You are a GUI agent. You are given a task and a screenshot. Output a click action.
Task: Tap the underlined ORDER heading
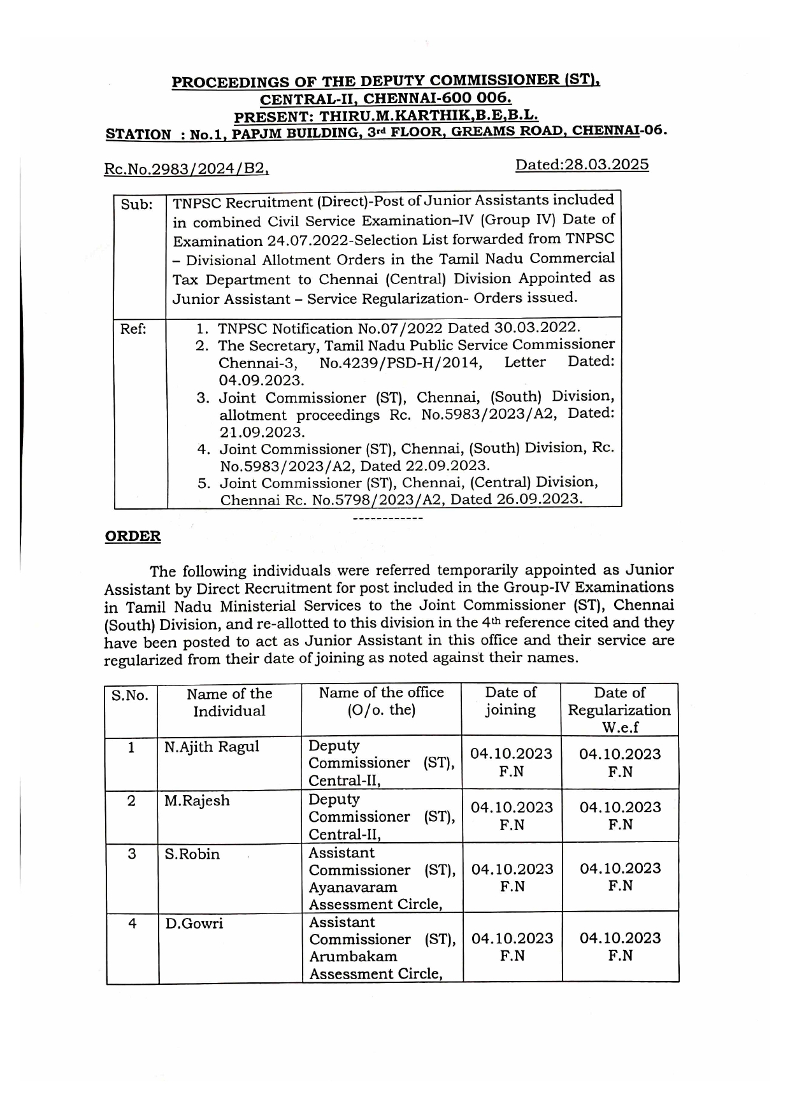[x=133, y=536]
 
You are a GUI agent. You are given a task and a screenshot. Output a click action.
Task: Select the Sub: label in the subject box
[x=136, y=205]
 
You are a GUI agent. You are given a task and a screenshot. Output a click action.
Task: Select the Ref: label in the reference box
[x=133, y=329]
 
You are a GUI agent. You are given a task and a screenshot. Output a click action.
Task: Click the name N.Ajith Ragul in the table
[x=212, y=747]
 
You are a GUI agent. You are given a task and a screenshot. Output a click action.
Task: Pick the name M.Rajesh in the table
[x=197, y=801]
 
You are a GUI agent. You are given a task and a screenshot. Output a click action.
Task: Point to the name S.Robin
[x=192, y=854]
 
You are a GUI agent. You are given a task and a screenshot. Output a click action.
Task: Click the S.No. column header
[x=130, y=696]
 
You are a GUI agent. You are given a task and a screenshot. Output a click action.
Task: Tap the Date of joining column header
[x=510, y=701]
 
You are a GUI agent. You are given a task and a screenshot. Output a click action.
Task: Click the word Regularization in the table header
[x=619, y=710]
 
